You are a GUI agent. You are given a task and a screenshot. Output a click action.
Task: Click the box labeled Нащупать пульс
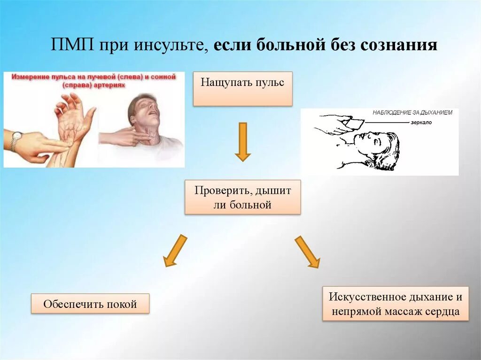click(242, 89)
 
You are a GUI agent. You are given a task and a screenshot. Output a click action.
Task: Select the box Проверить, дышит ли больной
click(242, 198)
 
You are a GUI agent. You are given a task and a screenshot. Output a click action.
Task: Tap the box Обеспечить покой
click(90, 304)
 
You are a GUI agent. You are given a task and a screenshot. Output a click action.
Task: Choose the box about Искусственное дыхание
click(395, 304)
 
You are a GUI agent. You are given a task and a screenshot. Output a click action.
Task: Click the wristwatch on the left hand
click(16, 139)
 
